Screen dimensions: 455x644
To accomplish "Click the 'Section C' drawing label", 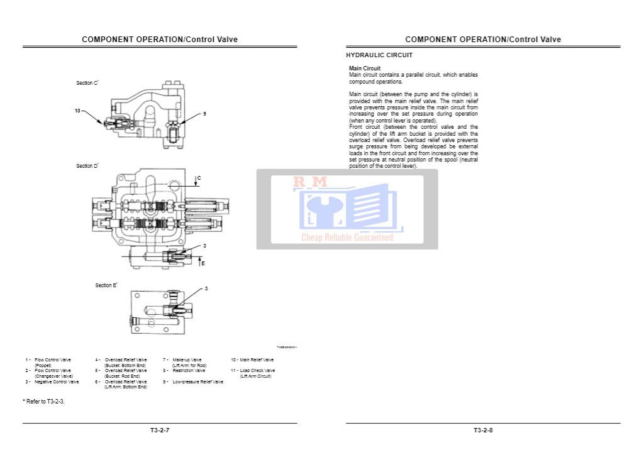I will tap(87, 83).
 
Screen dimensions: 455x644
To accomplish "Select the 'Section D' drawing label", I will tap(87, 166).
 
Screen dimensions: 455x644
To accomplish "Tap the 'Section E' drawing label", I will tap(106, 285).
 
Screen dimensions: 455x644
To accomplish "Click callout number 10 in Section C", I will tap(77, 111).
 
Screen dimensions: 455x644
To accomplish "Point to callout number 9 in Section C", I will tap(204, 114).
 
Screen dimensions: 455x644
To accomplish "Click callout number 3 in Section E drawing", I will tap(206, 288).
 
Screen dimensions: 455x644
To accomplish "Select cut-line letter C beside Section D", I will tap(199, 178).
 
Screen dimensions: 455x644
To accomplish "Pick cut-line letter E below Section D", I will tap(203, 263).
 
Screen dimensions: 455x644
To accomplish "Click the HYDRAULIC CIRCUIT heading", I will tap(379, 55).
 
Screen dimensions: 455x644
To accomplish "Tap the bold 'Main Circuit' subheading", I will tap(365, 69).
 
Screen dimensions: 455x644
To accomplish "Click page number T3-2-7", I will tap(160, 430).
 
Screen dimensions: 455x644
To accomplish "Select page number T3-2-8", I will tap(483, 430).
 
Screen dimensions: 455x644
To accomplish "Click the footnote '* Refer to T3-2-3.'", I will tap(43, 401).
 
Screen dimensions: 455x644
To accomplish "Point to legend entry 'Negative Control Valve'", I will tap(57, 381).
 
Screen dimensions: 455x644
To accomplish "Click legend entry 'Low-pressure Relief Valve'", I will tap(197, 381).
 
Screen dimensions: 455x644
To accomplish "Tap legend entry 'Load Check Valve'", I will tap(257, 371).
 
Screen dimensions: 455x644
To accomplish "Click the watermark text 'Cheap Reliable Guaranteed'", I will tap(347, 238).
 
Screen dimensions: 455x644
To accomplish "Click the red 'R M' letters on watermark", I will tap(310, 182).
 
